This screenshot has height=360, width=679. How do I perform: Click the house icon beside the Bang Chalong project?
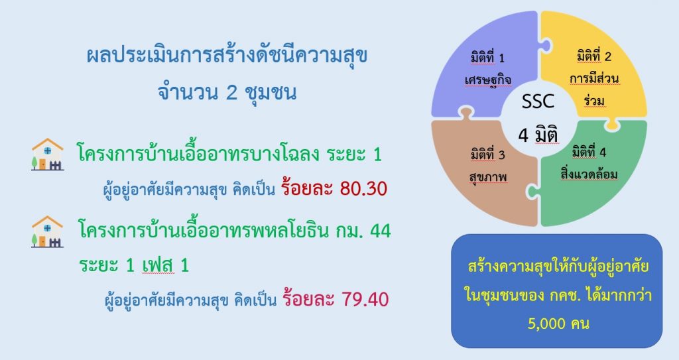click(x=48, y=154)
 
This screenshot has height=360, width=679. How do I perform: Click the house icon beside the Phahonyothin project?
click(x=48, y=231)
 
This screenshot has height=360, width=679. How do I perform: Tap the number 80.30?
click(x=363, y=188)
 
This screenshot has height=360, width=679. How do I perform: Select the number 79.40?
click(x=365, y=300)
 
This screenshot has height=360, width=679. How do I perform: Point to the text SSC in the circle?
click(x=538, y=101)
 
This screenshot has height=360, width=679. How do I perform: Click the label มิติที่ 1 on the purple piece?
click(x=487, y=58)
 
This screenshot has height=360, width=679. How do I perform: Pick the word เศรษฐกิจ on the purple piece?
click(x=488, y=80)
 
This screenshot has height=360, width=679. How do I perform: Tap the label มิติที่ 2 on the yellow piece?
click(x=593, y=56)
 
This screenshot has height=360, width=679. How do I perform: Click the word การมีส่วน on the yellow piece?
click(x=594, y=79)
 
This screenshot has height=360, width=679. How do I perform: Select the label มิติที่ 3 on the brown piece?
click(x=487, y=154)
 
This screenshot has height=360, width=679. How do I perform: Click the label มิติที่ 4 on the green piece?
click(x=589, y=152)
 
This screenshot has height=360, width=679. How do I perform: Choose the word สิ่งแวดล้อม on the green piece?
click(x=589, y=174)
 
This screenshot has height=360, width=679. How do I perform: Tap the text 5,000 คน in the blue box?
click(x=558, y=323)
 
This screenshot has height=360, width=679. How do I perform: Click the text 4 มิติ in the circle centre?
click(x=538, y=135)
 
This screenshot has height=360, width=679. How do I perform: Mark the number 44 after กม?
click(x=381, y=231)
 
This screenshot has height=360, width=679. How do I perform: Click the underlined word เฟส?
click(x=158, y=265)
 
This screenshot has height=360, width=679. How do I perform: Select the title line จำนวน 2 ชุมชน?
click(x=227, y=92)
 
